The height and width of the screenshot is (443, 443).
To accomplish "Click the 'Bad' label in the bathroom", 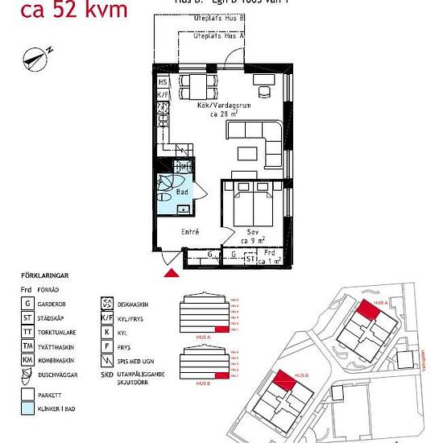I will (x=182, y=193).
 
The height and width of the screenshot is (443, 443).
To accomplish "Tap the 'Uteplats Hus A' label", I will (x=220, y=36).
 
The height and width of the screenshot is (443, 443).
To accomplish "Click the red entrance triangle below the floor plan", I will (x=172, y=274).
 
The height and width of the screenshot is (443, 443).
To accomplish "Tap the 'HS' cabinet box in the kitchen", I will (x=162, y=82).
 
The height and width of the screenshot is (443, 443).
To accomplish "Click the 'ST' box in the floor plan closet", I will (x=250, y=259).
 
